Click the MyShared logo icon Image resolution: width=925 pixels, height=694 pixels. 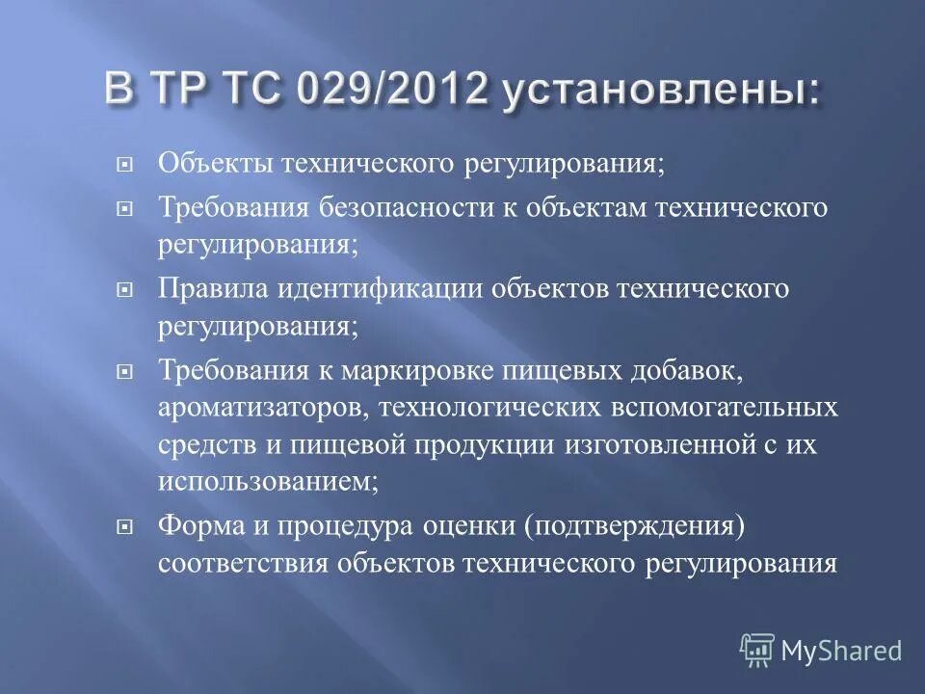(756, 651)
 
